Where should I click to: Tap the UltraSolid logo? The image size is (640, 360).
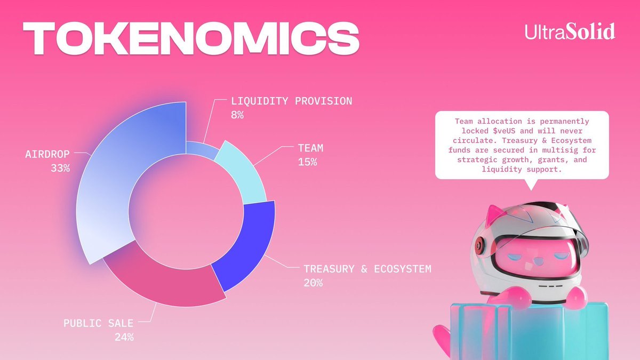(x=570, y=31)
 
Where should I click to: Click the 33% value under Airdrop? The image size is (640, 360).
(x=60, y=169)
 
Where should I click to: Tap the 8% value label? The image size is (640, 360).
(x=237, y=114)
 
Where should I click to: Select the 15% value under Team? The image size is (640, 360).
(x=308, y=162)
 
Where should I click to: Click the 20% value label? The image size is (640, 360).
(x=313, y=283)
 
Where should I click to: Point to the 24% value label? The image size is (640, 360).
(x=124, y=337)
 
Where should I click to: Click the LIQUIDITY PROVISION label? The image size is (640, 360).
(x=291, y=101)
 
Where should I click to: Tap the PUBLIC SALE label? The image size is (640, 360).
(x=98, y=323)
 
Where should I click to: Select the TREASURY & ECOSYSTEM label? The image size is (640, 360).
(x=367, y=269)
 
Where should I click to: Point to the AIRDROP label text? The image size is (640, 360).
(x=48, y=154)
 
